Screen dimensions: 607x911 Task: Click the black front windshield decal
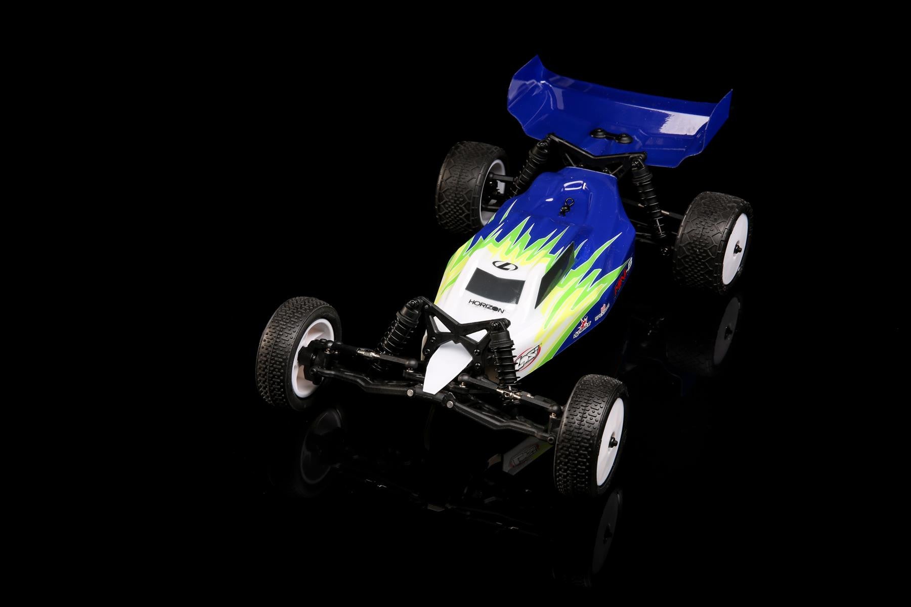tap(495, 284)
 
